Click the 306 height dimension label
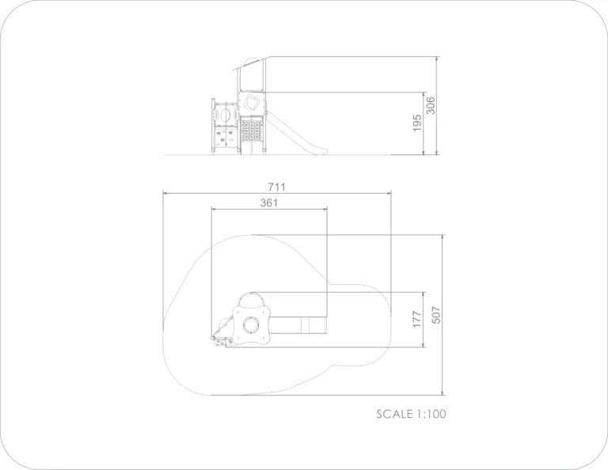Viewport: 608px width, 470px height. point(431,105)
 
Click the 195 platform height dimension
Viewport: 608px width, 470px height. point(417,123)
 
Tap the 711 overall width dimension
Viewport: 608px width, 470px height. point(277,188)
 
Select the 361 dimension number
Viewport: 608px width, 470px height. point(269,203)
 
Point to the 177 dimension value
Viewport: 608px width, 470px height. point(417,320)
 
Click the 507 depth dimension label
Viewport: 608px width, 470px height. point(436,315)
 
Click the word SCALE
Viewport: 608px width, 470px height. point(394,414)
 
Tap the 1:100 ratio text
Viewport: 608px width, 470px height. point(431,414)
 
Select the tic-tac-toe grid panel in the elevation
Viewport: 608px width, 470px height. point(251,131)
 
